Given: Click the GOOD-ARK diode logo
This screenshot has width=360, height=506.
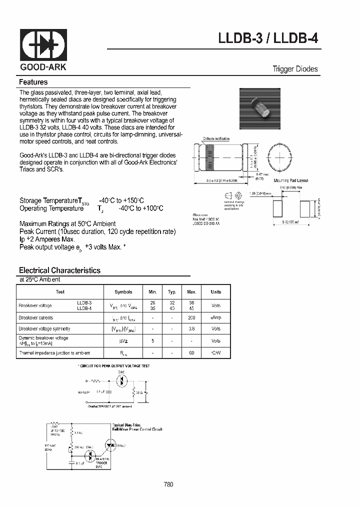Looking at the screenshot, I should [x=43, y=44].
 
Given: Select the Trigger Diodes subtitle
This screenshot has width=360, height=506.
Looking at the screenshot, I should [x=295, y=69].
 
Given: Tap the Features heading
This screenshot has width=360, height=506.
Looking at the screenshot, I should [x=33, y=82].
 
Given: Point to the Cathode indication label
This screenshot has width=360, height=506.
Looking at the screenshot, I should [x=215, y=138].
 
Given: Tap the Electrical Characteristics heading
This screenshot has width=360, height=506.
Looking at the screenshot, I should [x=59, y=270].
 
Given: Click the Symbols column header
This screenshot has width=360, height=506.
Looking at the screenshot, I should [x=123, y=292].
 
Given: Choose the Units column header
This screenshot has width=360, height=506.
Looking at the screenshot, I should [x=215, y=292].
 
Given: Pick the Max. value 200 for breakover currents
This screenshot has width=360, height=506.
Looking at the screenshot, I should [x=191, y=317].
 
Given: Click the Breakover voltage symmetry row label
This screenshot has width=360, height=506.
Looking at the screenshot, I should [x=44, y=329].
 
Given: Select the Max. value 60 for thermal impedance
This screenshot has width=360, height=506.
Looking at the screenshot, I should [x=191, y=353].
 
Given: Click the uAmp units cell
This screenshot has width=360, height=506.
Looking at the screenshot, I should [x=215, y=317].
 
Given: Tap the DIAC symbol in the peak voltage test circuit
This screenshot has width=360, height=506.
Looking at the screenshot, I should [x=120, y=380].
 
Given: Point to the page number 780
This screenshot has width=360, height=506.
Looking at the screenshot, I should [x=168, y=484].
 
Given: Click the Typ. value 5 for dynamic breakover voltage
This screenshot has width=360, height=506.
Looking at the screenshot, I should [x=152, y=341].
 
